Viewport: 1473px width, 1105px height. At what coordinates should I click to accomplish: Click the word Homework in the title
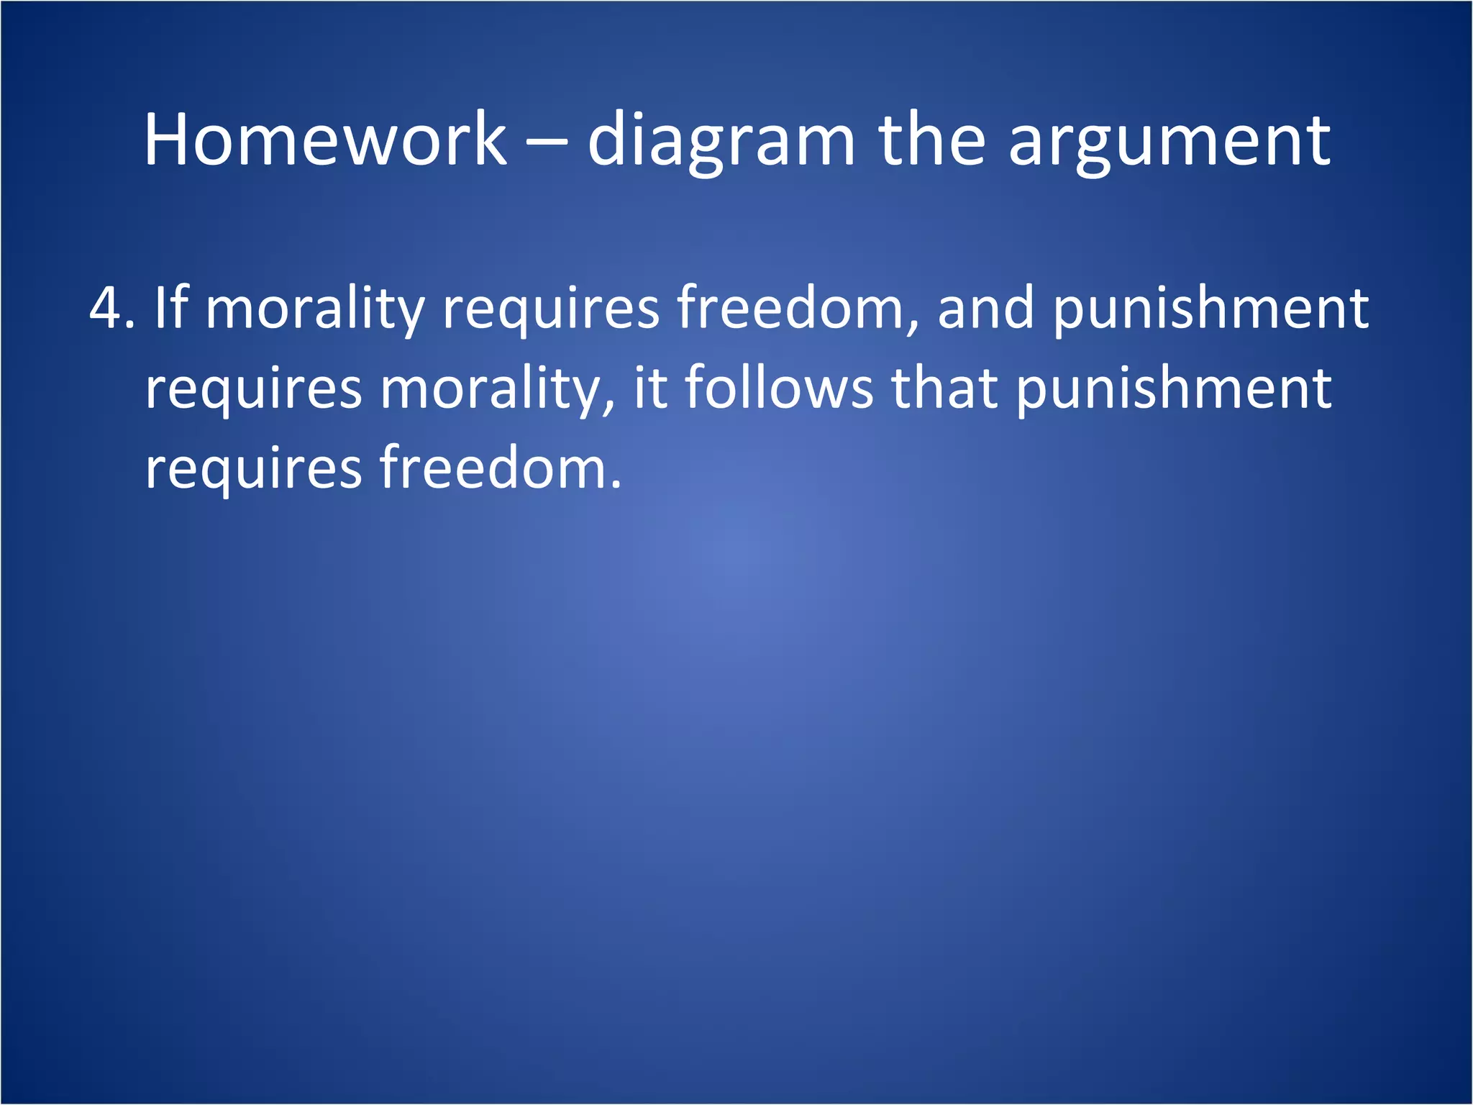325,140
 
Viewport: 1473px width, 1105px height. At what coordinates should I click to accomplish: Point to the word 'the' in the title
931,140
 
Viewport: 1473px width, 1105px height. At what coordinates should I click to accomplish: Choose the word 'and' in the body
985,308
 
